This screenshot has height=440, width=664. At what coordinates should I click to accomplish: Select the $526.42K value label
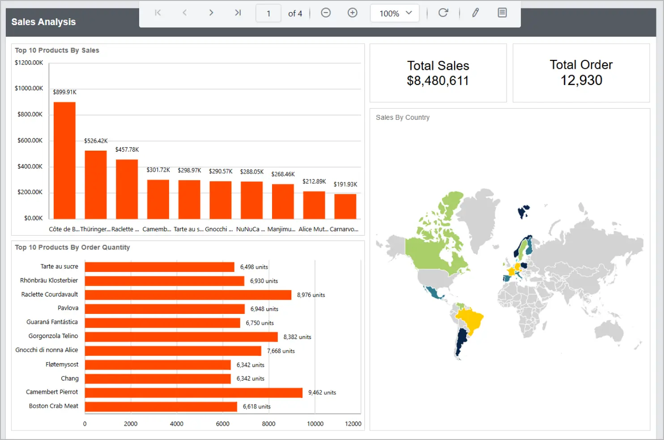click(x=96, y=141)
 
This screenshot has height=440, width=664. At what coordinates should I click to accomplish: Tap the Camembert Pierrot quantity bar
click(x=193, y=393)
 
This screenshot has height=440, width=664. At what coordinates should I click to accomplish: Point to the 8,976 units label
click(x=311, y=295)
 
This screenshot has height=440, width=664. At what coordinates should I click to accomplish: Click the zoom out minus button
click(x=326, y=13)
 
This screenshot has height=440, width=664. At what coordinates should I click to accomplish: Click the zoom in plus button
click(x=353, y=13)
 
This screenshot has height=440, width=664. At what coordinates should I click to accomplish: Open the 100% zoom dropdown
click(x=395, y=13)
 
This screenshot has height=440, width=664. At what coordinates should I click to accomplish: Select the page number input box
click(x=268, y=13)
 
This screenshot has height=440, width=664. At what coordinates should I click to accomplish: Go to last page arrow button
click(x=238, y=13)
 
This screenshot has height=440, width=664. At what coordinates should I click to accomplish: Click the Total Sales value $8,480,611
click(x=438, y=81)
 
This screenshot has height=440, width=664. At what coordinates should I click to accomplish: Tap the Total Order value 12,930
click(x=581, y=80)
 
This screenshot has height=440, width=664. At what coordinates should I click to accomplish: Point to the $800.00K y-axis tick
click(x=30, y=114)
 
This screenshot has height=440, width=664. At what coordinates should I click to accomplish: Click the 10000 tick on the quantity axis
click(x=315, y=423)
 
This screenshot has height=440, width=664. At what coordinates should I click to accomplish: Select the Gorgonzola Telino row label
click(x=53, y=336)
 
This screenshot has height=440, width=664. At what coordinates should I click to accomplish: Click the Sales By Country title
click(x=402, y=118)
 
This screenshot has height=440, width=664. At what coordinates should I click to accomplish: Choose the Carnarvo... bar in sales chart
click(x=345, y=206)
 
